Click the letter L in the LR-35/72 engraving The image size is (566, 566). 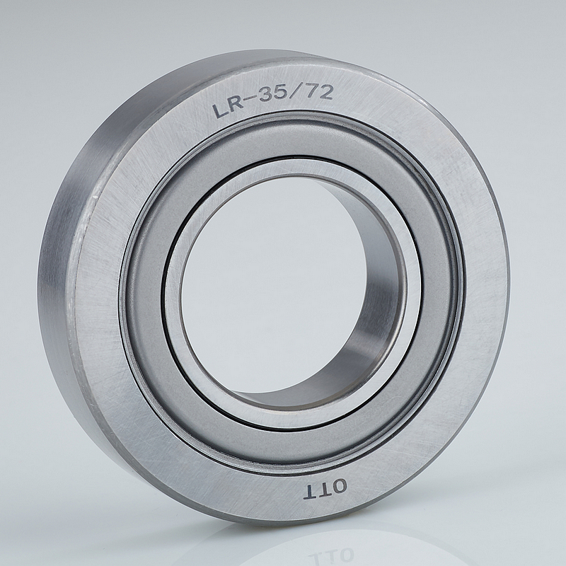tap(219, 110)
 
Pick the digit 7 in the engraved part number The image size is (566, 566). tap(311, 91)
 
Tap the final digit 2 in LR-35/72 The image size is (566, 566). tap(325, 92)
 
